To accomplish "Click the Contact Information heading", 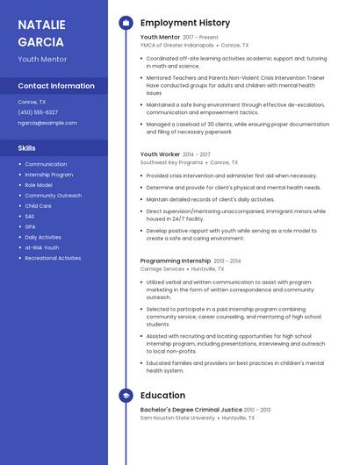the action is [x=56, y=86].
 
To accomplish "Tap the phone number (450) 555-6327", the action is [x=38, y=112].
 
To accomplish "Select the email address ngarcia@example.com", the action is [x=47, y=123].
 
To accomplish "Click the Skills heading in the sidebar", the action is [x=26, y=148].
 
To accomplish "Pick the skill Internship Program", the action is [x=48, y=175].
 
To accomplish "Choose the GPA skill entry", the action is [x=30, y=226].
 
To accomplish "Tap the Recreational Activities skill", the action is [x=53, y=258].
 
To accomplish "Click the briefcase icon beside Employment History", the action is [x=126, y=23].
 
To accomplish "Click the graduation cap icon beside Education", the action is [x=126, y=396].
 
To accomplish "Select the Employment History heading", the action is [x=185, y=23].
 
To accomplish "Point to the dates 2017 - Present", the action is [x=200, y=38].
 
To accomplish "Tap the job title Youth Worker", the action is [x=160, y=154].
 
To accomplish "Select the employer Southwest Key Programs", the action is [x=171, y=162].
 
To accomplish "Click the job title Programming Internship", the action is [x=175, y=261].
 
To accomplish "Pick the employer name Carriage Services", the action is [x=162, y=269].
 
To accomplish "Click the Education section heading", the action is [x=162, y=396].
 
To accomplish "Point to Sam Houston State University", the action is [x=177, y=418].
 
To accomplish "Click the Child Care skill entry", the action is [x=38, y=205].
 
